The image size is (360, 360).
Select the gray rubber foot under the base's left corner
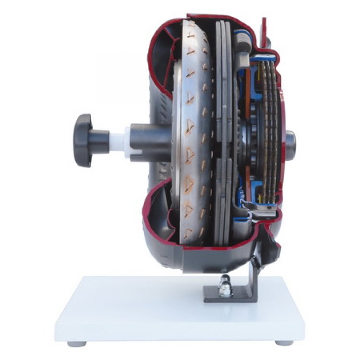pyautogui.click(x=77, y=344)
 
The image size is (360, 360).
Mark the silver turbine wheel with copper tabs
pyautogui.click(x=194, y=134)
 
